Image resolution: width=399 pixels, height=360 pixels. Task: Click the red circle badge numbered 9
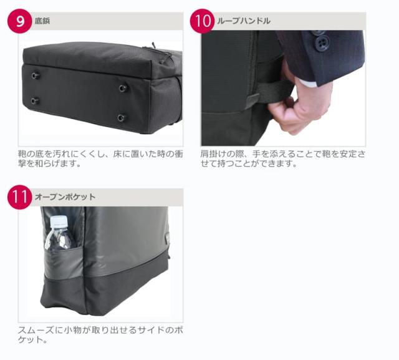20,21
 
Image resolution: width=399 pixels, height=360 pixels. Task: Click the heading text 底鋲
42,21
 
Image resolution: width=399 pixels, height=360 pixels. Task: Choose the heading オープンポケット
65,197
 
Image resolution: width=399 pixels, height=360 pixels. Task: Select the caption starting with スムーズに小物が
100,334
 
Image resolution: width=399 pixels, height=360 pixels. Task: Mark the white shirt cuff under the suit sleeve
307,82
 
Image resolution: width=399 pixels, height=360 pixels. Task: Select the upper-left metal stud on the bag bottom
36,75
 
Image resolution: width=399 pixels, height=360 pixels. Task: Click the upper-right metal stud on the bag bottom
123,88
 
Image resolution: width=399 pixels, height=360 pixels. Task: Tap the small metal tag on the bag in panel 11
167,238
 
